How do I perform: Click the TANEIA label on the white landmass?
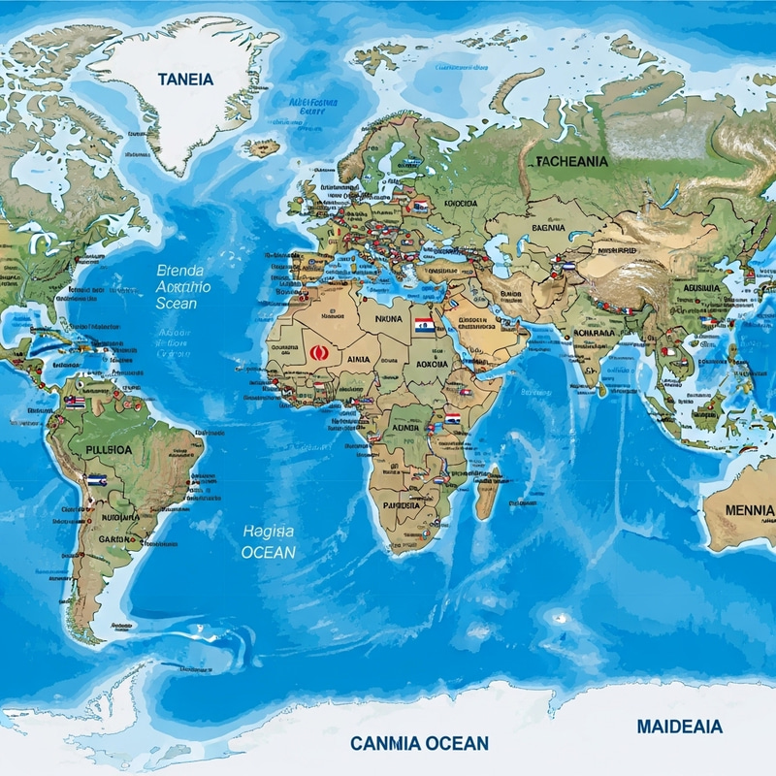pyautogui.click(x=187, y=81)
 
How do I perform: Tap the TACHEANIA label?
pyautogui.click(x=571, y=162)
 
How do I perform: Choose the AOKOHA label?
pyautogui.click(x=432, y=364)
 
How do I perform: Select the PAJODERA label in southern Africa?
pyautogui.click(x=402, y=505)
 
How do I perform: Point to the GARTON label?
pyautogui.click(x=118, y=537)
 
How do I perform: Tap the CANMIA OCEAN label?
pyautogui.click(x=419, y=743)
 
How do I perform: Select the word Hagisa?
pyautogui.click(x=268, y=530)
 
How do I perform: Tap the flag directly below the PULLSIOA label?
pyautogui.click(x=96, y=479)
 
